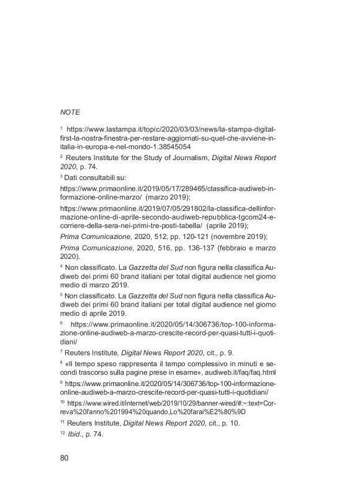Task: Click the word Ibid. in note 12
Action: coord(81,434)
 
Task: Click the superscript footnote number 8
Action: coord(62,362)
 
